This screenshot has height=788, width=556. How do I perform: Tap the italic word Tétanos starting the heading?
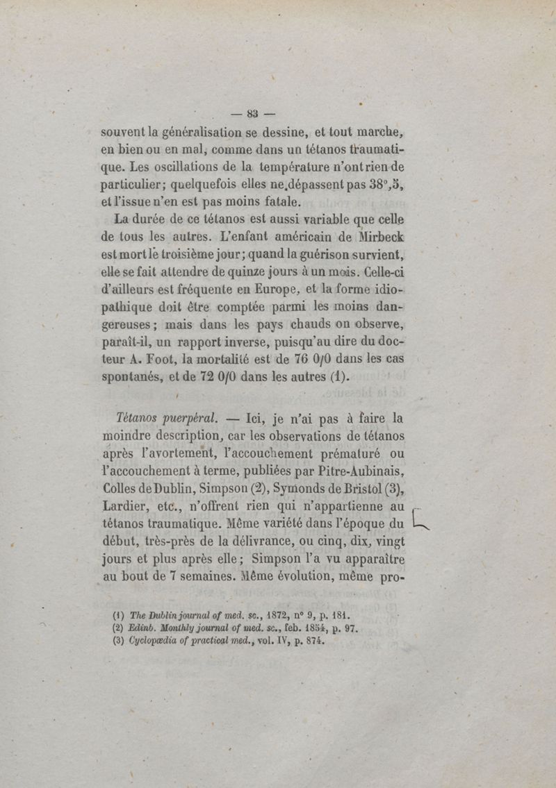point(141,419)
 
